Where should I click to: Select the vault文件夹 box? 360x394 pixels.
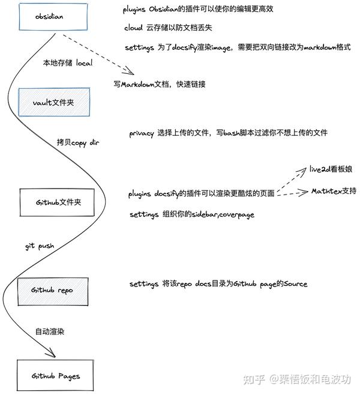pos(54,103)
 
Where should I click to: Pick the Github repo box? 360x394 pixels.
pos(54,289)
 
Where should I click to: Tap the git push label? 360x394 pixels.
pos(40,246)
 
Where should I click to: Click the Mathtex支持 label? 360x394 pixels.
pos(334,191)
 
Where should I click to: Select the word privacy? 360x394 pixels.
pos(142,133)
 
